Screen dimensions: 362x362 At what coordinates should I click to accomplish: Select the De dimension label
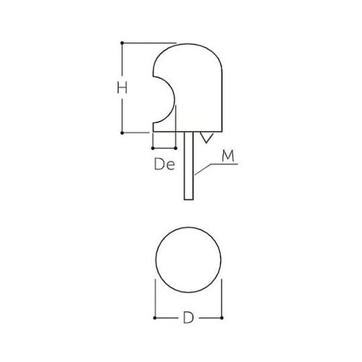tap(164, 164)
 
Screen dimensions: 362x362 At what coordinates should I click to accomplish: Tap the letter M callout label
tap(228, 154)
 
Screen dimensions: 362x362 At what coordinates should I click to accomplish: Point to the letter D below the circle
tap(188, 317)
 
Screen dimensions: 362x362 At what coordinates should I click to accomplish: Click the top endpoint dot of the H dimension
tap(122, 43)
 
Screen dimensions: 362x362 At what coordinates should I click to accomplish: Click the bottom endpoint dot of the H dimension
tap(122, 133)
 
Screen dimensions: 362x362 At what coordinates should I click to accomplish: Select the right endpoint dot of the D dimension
tap(221, 317)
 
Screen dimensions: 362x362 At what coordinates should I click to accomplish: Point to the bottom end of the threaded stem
tap(189, 198)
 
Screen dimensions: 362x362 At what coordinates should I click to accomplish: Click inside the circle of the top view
tap(188, 261)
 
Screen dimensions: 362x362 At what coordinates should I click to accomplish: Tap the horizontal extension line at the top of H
tap(145, 43)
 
